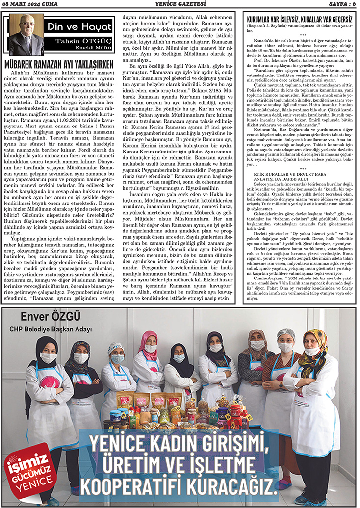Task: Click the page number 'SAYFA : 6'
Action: coord(338,5)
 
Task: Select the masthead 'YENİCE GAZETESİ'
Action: coord(180,5)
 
